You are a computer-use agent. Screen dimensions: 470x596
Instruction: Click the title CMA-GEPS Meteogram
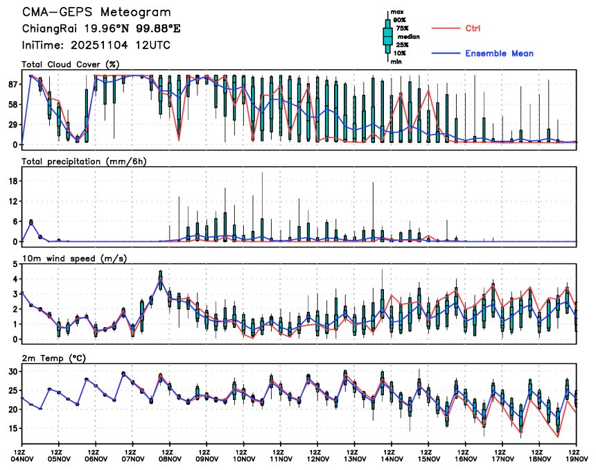tap(96, 12)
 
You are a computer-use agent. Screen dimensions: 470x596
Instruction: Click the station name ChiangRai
tap(46, 28)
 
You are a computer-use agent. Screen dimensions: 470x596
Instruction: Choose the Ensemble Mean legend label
tap(499, 53)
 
